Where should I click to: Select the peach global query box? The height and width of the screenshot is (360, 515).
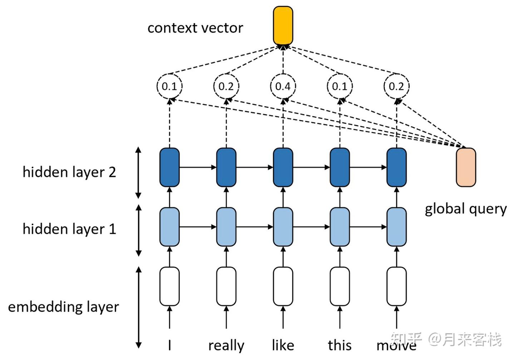pyautogui.click(x=466, y=167)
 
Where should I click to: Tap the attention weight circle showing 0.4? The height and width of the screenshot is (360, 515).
pyautogui.click(x=283, y=86)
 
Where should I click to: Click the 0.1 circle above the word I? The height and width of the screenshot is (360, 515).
pyautogui.click(x=170, y=86)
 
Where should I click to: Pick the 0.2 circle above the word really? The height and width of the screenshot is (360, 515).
pyautogui.click(x=226, y=86)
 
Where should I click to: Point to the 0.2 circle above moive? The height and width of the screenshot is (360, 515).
pyautogui.click(x=396, y=86)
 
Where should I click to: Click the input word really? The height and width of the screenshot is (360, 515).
pyautogui.click(x=226, y=345)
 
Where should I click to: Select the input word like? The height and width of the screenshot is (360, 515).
pyautogui.click(x=283, y=345)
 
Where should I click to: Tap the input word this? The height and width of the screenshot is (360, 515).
pyautogui.click(x=339, y=345)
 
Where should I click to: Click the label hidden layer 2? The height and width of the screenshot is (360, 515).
pyautogui.click(x=69, y=172)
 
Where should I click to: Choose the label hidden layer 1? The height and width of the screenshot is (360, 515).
pyautogui.click(x=69, y=229)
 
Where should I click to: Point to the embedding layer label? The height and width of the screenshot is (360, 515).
pyautogui.click(x=63, y=307)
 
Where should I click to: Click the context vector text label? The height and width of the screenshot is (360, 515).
pyautogui.click(x=195, y=28)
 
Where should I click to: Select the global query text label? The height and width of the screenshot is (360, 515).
pyautogui.click(x=466, y=209)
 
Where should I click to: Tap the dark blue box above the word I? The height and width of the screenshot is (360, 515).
pyautogui.click(x=170, y=167)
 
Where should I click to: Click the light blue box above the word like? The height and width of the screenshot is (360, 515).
pyautogui.click(x=283, y=227)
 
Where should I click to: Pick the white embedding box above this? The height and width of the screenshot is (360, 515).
pyautogui.click(x=339, y=286)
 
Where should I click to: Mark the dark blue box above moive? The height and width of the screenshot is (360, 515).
pyautogui.click(x=396, y=167)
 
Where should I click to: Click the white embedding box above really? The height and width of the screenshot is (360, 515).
pyautogui.click(x=226, y=286)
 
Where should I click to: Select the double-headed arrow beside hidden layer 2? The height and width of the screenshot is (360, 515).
pyautogui.click(x=138, y=172)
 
